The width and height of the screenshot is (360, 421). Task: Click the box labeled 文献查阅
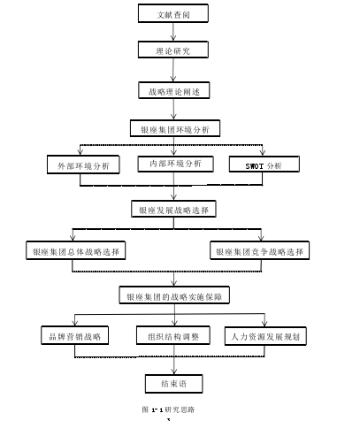click(173, 13)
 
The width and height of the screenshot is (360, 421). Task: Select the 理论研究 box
click(173, 50)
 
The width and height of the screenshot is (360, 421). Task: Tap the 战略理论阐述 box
click(174, 90)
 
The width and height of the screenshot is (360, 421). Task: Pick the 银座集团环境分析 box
click(175, 128)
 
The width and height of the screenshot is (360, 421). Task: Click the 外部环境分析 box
click(83, 165)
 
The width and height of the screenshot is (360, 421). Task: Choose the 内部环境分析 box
click(175, 164)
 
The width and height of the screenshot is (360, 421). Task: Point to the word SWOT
click(255, 166)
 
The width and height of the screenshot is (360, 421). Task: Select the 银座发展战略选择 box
click(173, 209)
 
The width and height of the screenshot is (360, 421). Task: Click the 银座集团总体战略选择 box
click(76, 250)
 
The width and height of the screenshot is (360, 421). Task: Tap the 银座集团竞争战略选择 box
click(259, 250)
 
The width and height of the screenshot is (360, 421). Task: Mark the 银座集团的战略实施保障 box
click(174, 295)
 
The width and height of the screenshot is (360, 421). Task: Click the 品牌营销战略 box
click(74, 335)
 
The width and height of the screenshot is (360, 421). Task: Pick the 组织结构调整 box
click(173, 335)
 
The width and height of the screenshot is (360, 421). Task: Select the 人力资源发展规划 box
click(265, 336)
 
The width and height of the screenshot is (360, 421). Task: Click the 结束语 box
click(174, 384)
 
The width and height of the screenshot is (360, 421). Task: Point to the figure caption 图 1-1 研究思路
click(168, 410)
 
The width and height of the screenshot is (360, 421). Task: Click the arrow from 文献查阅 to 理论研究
click(173, 32)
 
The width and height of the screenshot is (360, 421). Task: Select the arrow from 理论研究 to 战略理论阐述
click(173, 70)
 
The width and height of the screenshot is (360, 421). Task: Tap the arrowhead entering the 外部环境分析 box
click(80, 152)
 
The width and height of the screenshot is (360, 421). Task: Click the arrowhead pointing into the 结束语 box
click(174, 371)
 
